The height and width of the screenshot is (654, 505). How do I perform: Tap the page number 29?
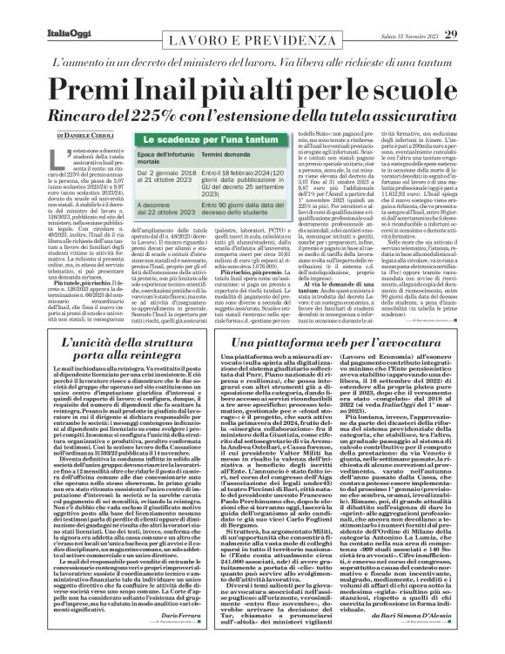coord(476,10)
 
